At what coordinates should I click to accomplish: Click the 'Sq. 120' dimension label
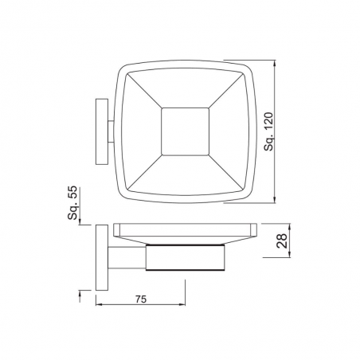pyautogui.click(x=268, y=131)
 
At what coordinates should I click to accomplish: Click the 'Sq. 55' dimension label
pyautogui.click(x=72, y=202)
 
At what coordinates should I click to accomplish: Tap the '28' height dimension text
pyautogui.click(x=282, y=241)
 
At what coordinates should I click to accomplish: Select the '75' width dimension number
pyautogui.click(x=141, y=299)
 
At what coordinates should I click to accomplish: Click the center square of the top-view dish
pyautogui.click(x=185, y=131)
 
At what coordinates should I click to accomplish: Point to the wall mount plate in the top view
pyautogui.click(x=102, y=131)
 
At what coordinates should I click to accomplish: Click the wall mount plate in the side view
pyautogui.click(x=102, y=257)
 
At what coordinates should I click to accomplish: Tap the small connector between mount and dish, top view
pyautogui.click(x=111, y=131)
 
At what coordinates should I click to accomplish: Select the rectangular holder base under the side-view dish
pyautogui.click(x=186, y=257)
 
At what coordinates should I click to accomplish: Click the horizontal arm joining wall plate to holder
pyautogui.click(x=127, y=257)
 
